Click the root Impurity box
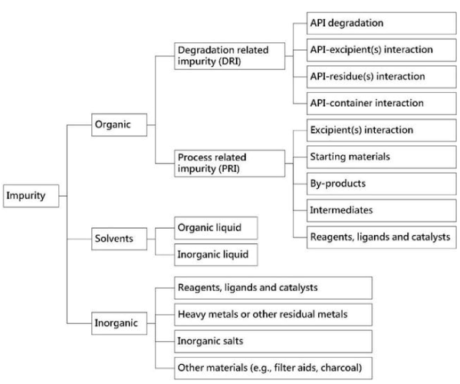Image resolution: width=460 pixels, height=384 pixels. pos(31,196)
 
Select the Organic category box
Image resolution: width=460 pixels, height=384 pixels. pos(119,125)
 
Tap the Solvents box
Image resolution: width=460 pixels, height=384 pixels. pos(119,239)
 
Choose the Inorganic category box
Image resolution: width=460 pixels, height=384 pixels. pos(119,323)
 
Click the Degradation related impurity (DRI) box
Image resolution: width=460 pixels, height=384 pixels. pos(229,56)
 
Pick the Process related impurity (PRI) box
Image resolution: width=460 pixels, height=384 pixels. pos(229,164)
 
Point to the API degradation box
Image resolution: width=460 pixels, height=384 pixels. pos(381,23)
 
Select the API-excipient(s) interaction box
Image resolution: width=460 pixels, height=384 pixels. pos(381,50)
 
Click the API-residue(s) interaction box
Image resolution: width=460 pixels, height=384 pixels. pos(381,77)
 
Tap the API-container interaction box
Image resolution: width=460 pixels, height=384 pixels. pos(381,104)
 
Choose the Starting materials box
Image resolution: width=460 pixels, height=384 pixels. pos(381,157)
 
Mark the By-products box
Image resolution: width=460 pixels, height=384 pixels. pos(381,184)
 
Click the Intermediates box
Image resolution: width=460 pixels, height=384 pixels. pos(381,210)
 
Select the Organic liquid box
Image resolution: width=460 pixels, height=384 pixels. pos(216,228)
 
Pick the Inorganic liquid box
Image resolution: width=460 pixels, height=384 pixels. pos(216,255)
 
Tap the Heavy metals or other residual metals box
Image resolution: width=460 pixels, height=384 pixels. pos(273,315)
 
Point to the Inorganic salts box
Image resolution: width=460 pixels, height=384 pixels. pos(273,342)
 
